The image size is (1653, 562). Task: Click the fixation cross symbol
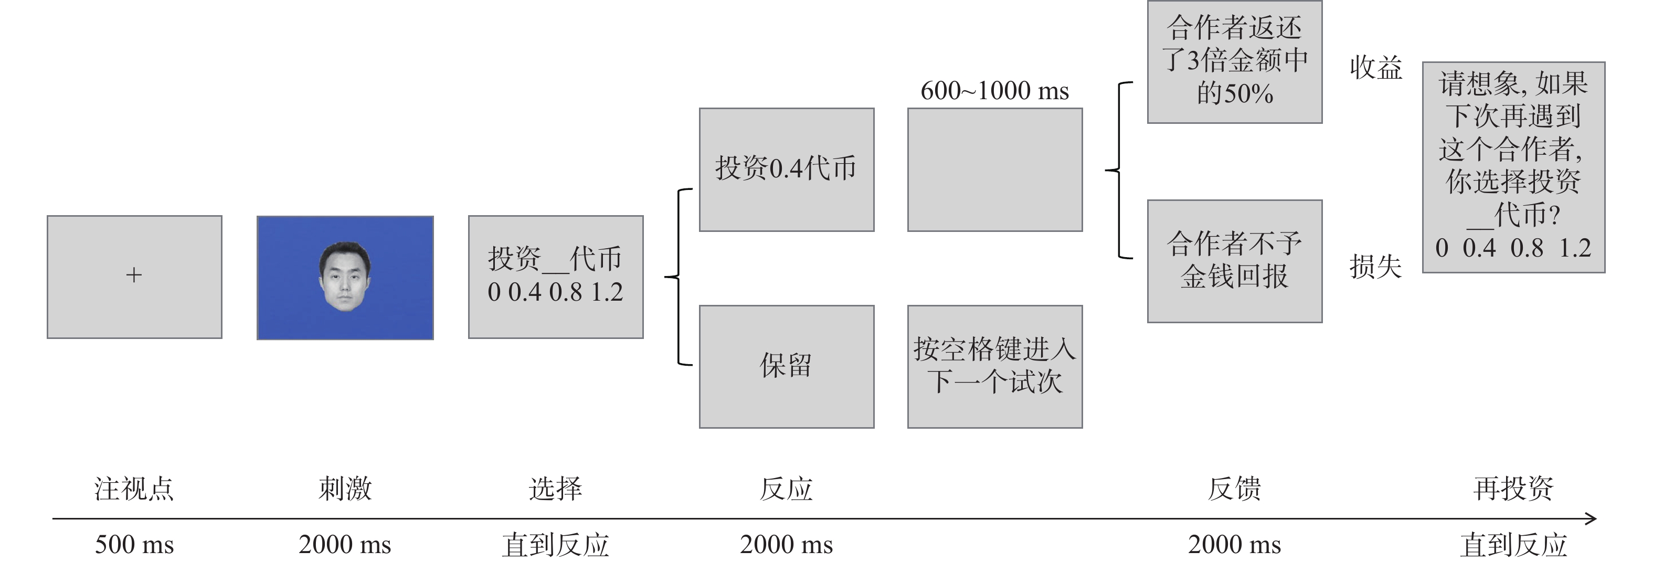tap(133, 275)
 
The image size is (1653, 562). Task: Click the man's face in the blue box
tap(345, 277)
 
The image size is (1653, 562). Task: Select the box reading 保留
tap(787, 366)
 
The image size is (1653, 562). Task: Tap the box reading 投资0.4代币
tap(787, 169)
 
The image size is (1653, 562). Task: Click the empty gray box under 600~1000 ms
tap(994, 169)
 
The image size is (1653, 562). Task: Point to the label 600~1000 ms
tap(994, 90)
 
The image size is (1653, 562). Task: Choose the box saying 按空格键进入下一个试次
tap(994, 366)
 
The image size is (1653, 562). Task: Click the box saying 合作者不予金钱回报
tap(1235, 261)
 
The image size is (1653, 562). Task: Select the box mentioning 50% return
tap(1235, 61)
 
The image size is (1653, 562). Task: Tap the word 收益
tap(1376, 67)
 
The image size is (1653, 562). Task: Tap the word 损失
tap(1375, 266)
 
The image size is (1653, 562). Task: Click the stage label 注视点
tap(134, 489)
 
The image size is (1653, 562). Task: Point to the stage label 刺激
tap(345, 489)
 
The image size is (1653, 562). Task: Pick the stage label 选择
tap(556, 489)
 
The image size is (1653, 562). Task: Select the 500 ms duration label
tap(134, 545)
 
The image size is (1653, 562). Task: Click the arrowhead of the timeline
tap(1591, 518)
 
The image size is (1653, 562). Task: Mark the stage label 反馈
tap(1235, 489)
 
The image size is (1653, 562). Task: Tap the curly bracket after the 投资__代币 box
tap(679, 277)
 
